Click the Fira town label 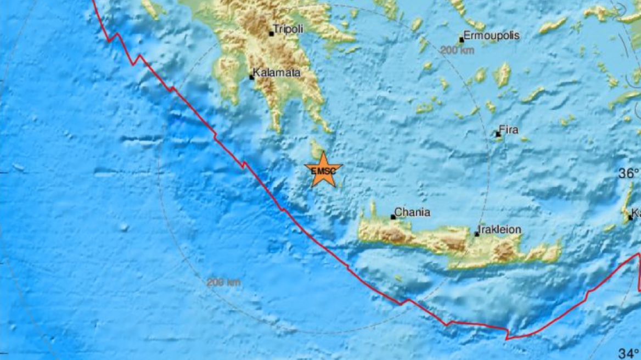pyautogui.click(x=509, y=130)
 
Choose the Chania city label pyautogui.click(x=413, y=212)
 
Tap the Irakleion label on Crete pyautogui.click(x=499, y=230)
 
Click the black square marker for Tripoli pyautogui.click(x=271, y=33)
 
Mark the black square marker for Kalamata pyautogui.click(x=252, y=77)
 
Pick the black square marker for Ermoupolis pyautogui.click(x=462, y=40)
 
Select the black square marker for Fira pyautogui.click(x=498, y=134)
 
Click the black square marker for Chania pyautogui.click(x=393, y=217)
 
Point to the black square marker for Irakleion pyautogui.click(x=477, y=234)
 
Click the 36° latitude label pyautogui.click(x=628, y=174)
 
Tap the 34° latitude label pyautogui.click(x=628, y=352)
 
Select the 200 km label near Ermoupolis pyautogui.click(x=457, y=50)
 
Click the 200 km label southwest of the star pyautogui.click(x=224, y=283)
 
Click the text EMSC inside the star pyautogui.click(x=322, y=171)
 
